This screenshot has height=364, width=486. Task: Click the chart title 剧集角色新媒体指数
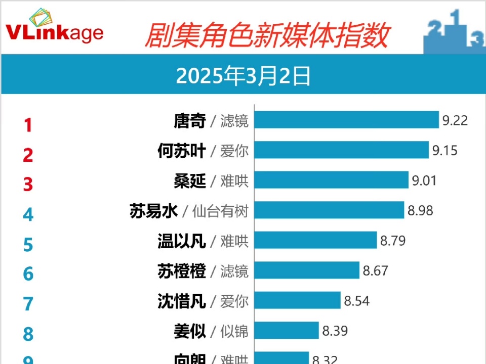266,35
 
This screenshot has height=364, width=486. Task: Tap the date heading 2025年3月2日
243,77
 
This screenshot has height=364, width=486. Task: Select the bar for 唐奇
346,120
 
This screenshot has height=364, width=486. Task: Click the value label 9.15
445,151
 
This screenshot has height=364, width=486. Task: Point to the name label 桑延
190,181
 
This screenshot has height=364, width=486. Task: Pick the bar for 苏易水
329,210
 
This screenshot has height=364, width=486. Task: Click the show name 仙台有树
221,211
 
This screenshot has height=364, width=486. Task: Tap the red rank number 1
28,125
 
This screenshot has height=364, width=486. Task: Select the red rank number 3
28,185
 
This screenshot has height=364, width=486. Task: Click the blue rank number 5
28,245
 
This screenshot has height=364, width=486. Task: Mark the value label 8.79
393,241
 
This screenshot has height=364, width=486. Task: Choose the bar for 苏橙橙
307,270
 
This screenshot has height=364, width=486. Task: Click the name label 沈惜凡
181,302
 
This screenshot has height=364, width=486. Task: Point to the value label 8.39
335,331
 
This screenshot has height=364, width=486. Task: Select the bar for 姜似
287,331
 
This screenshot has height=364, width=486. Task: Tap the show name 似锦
234,332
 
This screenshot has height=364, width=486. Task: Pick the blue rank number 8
28,334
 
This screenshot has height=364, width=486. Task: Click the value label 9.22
455,121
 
